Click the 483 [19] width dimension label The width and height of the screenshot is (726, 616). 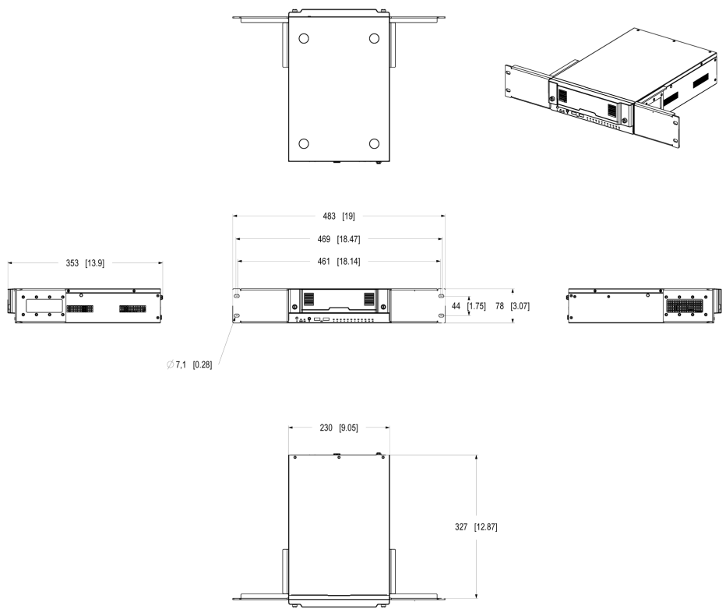(338, 216)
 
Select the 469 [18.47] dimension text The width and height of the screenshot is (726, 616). (338, 239)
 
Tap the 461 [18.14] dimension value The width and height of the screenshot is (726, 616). (338, 262)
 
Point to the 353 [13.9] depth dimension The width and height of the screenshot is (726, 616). (85, 263)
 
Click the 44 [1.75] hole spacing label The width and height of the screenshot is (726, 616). (469, 306)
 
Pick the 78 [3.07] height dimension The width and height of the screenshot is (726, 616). (512, 306)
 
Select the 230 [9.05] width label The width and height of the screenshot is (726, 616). (338, 428)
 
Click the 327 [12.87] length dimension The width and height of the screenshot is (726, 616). (476, 526)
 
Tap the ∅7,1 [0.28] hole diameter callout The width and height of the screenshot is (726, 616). (189, 364)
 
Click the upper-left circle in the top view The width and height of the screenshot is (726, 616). (304, 38)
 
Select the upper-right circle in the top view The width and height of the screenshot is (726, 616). (374, 38)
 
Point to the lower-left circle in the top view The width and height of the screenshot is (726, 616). (304, 143)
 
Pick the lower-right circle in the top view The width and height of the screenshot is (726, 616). (374, 143)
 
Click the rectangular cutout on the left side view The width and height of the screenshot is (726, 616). (44, 305)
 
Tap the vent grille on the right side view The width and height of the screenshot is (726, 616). (685, 306)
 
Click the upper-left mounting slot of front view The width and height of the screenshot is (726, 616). (237, 295)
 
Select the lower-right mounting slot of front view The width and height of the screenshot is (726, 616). (441, 315)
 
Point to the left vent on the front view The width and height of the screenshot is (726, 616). (308, 298)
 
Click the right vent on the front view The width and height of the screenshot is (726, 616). (369, 298)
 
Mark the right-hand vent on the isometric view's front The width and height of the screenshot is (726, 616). (612, 110)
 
